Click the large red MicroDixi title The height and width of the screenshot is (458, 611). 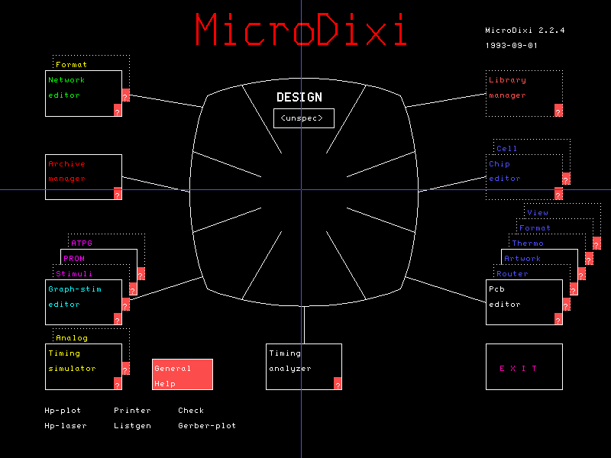click(301, 30)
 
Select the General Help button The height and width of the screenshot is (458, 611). click(183, 374)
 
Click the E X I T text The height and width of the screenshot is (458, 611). click(519, 369)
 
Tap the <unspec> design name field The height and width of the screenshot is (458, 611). click(304, 118)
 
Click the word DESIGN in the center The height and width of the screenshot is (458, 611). click(299, 97)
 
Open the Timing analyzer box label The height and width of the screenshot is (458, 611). click(290, 361)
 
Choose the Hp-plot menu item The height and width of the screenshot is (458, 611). click(63, 411)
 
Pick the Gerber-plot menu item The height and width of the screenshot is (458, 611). click(207, 426)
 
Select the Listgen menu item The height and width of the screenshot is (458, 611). click(132, 426)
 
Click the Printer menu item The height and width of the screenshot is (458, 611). click(132, 411)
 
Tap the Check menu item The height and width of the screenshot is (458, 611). click(191, 411)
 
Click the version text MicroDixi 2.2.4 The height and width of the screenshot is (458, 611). click(525, 31)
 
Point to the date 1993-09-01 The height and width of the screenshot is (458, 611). click(512, 46)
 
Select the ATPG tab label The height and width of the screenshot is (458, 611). click(82, 244)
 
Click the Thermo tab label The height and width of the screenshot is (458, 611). click(528, 244)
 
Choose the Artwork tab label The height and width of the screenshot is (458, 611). click(522, 259)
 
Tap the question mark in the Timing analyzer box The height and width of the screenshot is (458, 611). click(338, 384)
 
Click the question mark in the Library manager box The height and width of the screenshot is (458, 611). click(558, 111)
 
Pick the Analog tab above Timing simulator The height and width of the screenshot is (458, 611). click(72, 338)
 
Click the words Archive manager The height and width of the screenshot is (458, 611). click(66, 171)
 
